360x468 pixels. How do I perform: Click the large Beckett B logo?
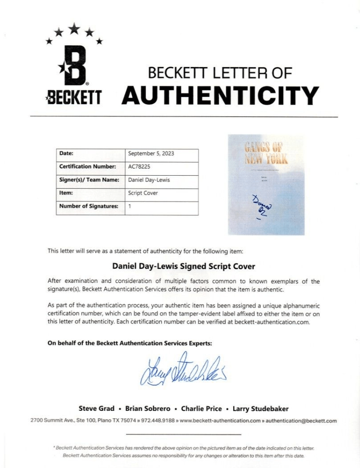74,66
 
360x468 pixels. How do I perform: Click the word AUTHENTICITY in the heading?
220,95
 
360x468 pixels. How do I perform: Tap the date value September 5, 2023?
151,154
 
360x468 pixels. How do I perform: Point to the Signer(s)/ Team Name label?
89,180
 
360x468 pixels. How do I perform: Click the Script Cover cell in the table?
142,193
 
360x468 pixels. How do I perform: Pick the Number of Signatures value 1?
130,207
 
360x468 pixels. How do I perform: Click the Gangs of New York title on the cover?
266,152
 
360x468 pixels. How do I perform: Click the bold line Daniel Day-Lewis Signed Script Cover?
183,266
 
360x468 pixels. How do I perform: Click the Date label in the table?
67,154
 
